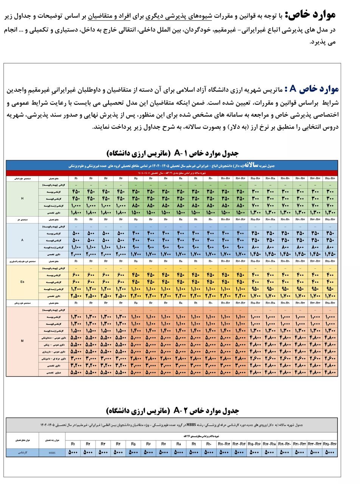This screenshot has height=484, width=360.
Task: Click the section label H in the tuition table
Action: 22,198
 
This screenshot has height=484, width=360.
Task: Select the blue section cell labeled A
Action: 22,239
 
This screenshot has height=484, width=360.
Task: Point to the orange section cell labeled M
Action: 22,341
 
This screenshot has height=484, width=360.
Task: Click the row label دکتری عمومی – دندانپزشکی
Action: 53,337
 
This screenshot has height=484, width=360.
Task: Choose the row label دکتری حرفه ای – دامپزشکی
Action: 53,358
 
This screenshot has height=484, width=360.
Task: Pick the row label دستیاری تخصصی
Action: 53,372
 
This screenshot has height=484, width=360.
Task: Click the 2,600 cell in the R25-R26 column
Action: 330,358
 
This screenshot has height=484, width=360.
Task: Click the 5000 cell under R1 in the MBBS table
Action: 75,451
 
